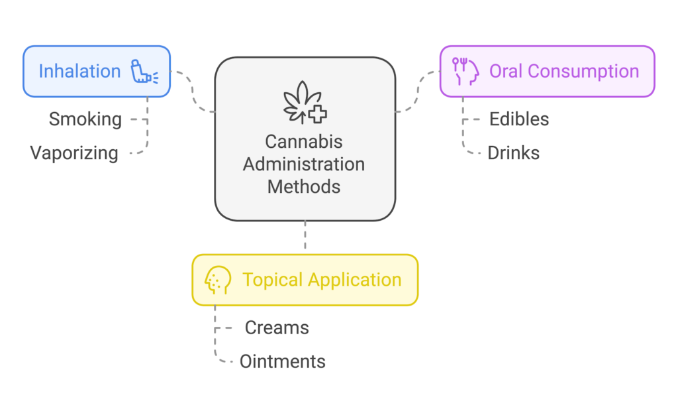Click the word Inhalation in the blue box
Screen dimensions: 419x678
click(x=79, y=72)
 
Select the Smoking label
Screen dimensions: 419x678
click(x=85, y=119)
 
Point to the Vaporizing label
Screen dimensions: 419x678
click(x=74, y=153)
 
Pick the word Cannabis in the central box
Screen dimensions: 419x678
click(x=304, y=142)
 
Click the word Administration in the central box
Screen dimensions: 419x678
click(x=304, y=164)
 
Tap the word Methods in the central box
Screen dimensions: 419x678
click(x=304, y=186)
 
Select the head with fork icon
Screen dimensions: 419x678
click(x=465, y=71)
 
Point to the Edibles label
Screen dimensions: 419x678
click(x=519, y=119)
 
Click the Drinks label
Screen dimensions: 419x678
click(x=514, y=153)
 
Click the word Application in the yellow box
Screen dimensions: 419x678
click(x=358, y=280)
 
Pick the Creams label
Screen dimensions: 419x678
click(x=277, y=328)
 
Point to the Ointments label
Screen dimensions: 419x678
click(x=283, y=361)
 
